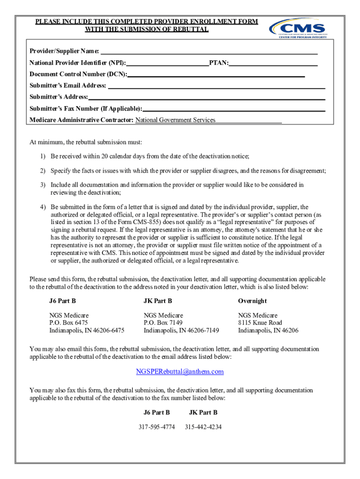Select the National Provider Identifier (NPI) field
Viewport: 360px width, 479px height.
[x=168, y=63]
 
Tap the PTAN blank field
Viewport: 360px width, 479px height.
[x=273, y=63]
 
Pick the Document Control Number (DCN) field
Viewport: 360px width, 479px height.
[x=216, y=74]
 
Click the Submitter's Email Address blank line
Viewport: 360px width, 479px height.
[x=216, y=86]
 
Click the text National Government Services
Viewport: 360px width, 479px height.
[x=175, y=120]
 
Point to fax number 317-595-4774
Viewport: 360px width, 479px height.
[x=157, y=427]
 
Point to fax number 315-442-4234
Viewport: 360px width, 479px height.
[x=203, y=427]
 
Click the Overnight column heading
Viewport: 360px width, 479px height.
[x=252, y=301]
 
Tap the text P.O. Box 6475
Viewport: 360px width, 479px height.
[x=68, y=323]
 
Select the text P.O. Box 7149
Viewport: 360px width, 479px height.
[x=163, y=323]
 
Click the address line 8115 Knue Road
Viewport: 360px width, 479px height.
[x=260, y=323]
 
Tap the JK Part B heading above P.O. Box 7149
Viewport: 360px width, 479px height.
[x=158, y=301]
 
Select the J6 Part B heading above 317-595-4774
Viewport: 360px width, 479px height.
[x=157, y=413]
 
